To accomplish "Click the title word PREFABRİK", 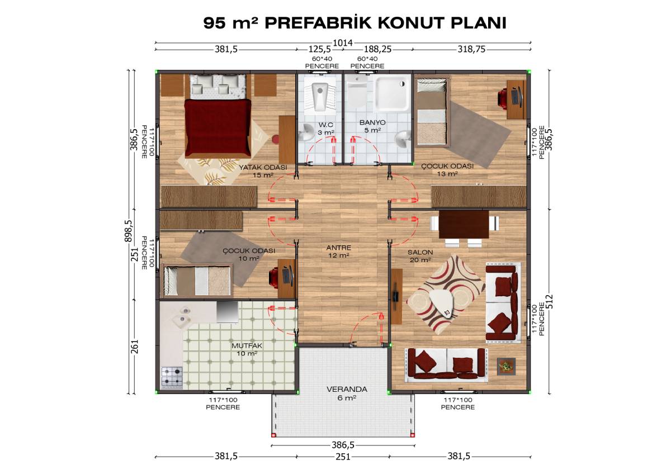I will (319, 23).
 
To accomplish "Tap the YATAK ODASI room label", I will (263, 170).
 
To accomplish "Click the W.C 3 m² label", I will (326, 128).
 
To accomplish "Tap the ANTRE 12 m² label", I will (338, 251).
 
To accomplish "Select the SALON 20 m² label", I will (420, 256).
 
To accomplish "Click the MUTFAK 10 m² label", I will (247, 349).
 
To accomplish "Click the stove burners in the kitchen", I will (172, 377).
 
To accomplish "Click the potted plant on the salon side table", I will (506, 366).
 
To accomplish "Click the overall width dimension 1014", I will (342, 42).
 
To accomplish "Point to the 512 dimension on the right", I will (549, 301).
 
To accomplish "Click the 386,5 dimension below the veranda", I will (343, 445).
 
